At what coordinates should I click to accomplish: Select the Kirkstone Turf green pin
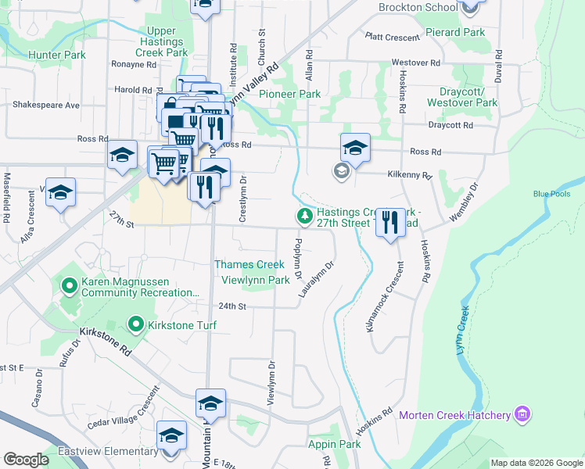[x=136, y=323]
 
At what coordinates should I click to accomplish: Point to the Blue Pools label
[x=552, y=194]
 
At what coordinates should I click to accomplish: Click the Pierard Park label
[x=455, y=33]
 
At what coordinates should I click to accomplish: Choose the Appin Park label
[x=335, y=445]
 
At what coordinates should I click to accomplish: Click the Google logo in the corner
[x=26, y=460]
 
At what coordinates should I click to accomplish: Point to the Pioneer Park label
[x=290, y=94]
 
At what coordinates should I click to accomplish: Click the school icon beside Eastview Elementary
[x=171, y=437]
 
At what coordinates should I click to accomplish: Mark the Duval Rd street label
[x=498, y=70]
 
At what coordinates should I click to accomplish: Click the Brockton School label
[x=418, y=8]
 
